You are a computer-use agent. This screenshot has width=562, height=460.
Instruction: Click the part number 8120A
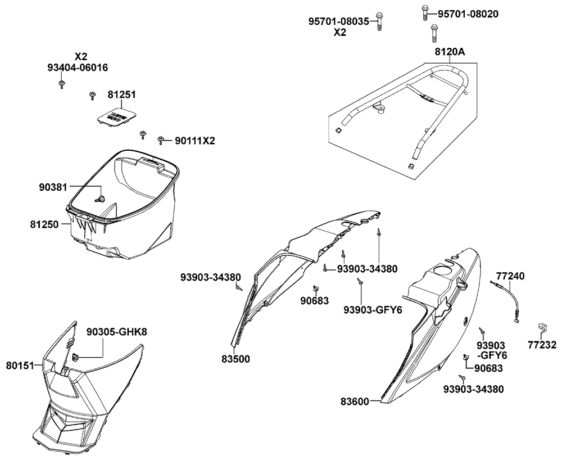(x=450, y=52)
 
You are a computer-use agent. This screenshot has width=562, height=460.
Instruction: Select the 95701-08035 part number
(x=339, y=21)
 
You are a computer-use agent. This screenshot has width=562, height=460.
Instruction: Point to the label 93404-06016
(x=78, y=67)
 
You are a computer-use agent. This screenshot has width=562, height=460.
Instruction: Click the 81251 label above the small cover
(x=122, y=94)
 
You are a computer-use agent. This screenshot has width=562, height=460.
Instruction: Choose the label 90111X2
(x=195, y=141)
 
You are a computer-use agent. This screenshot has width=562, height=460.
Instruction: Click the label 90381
(x=53, y=187)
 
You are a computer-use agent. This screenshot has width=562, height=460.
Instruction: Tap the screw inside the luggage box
(x=101, y=199)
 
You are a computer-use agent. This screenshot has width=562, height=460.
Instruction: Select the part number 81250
(x=44, y=224)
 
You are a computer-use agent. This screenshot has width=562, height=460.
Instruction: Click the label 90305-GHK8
(x=117, y=332)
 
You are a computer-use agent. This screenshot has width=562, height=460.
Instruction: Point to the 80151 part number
(x=20, y=366)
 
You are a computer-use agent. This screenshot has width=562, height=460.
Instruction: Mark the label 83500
(x=236, y=359)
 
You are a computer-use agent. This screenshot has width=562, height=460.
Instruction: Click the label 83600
(x=355, y=402)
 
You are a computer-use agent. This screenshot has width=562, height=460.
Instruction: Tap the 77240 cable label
(x=510, y=276)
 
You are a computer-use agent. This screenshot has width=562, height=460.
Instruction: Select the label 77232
(x=542, y=345)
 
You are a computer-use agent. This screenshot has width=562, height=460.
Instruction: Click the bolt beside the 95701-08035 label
(x=379, y=22)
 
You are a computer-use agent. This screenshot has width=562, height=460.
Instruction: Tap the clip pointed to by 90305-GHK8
(x=76, y=357)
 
